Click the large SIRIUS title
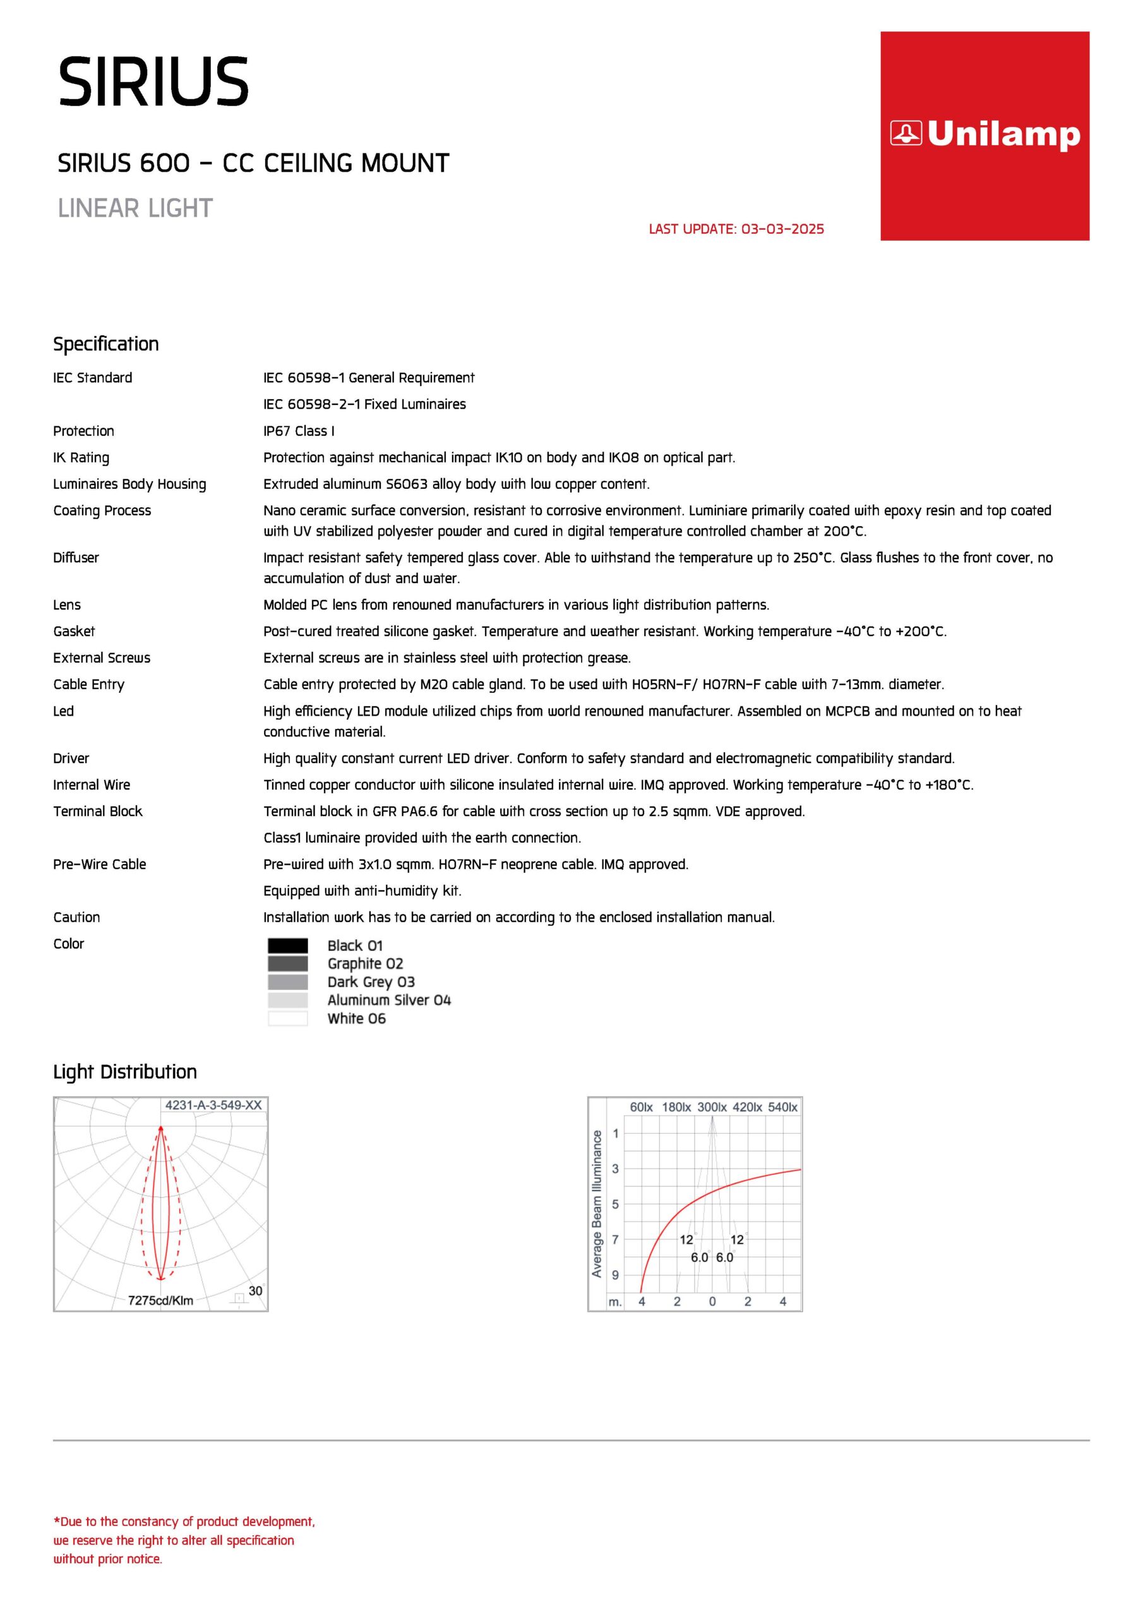coord(153,82)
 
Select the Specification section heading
coord(106,344)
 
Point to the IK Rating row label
coord(81,458)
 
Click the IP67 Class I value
coord(299,431)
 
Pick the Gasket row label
coord(74,631)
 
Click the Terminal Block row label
coord(98,811)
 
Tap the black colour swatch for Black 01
coord(287,945)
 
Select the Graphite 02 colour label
coord(365,963)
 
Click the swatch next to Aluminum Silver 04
coord(287,1000)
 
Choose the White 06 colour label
coord(356,1018)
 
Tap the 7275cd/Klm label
coord(160,1300)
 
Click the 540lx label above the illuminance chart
coord(782,1107)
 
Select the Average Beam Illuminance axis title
coord(597,1204)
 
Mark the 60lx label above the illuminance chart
coord(641,1107)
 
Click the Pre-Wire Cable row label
coord(99,864)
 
